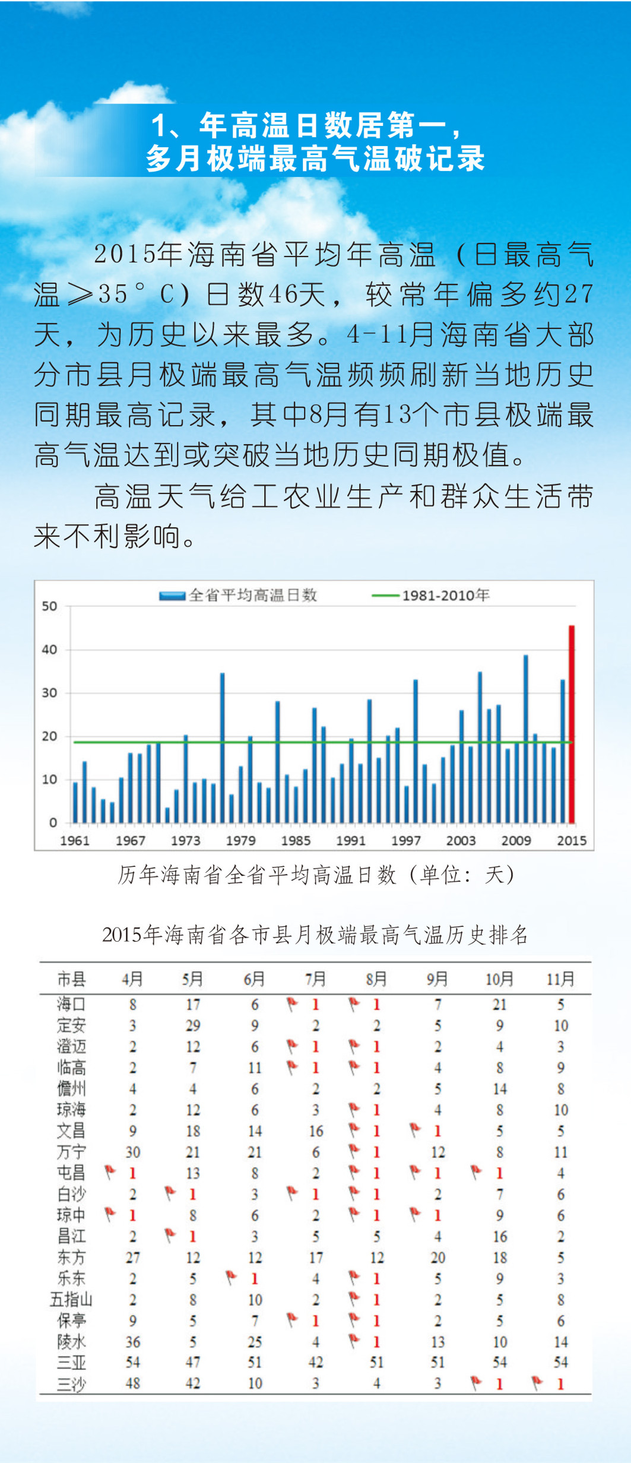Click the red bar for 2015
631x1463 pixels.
point(572,724)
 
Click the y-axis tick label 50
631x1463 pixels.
point(49,606)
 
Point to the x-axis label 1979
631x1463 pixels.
point(240,840)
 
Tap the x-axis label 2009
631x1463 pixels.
point(516,840)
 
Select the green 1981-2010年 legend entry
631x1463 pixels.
point(431,595)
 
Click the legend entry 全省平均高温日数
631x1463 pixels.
point(239,595)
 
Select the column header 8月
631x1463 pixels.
point(376,978)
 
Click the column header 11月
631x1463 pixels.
point(560,978)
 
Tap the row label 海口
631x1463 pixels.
point(71,1004)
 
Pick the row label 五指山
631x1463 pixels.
point(71,1300)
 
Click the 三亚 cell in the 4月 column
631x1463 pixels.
point(132,1362)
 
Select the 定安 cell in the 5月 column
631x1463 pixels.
point(193,1025)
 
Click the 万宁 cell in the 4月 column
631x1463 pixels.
point(132,1152)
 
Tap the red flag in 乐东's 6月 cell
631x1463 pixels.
point(232,1277)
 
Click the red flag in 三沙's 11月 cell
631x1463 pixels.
point(537,1383)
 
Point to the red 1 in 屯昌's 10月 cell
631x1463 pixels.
point(500,1173)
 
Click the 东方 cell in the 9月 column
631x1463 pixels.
point(437,1258)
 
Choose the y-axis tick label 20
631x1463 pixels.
point(49,736)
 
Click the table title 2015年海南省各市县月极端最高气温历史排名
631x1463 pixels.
point(315,935)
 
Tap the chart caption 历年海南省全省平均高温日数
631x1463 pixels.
point(315,875)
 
